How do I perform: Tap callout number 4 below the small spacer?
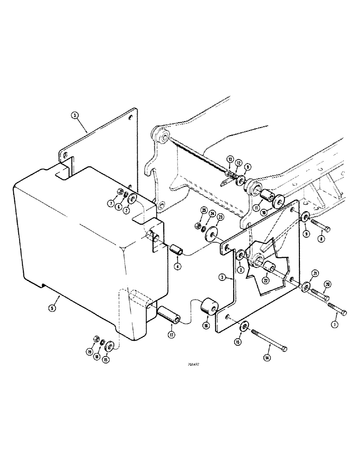177,267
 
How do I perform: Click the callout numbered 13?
230,159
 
